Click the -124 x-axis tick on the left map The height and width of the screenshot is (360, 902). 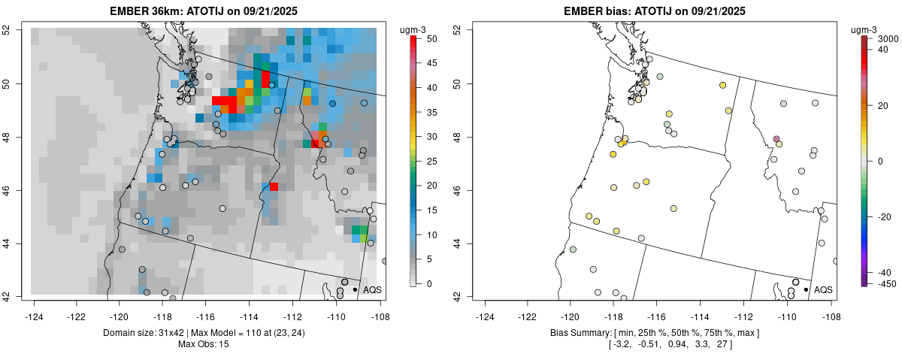34,307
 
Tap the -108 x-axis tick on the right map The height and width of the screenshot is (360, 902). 831,307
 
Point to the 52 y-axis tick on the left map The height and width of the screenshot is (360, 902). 26,30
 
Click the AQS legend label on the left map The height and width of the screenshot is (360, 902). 372,289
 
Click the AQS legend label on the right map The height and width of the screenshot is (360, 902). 823,289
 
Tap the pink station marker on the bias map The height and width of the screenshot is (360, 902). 776,139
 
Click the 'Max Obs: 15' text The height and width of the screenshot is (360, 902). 205,344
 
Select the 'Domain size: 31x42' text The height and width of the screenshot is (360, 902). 147,332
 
